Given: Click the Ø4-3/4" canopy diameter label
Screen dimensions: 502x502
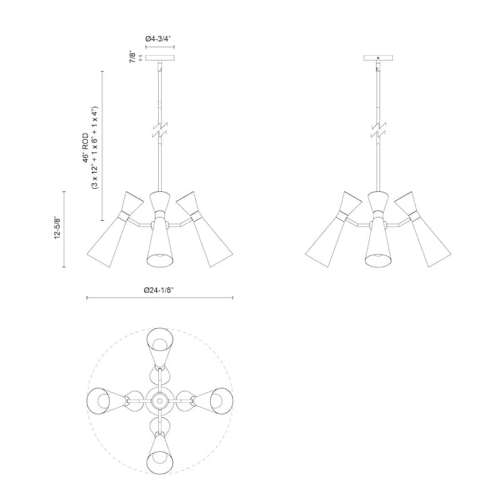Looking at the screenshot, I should [x=159, y=39].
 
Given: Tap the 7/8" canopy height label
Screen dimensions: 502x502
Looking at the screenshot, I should [x=132, y=57].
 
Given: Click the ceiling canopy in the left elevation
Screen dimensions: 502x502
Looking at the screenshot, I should [x=160, y=58].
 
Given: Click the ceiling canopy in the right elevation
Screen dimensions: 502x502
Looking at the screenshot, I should [x=378, y=58].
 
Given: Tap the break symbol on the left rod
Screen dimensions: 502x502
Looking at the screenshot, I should [x=160, y=129].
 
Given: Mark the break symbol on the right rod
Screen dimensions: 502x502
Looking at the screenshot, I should [x=378, y=129].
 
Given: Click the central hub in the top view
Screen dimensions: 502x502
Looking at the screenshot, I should [x=159, y=399].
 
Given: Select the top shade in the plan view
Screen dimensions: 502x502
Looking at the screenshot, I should [x=159, y=348].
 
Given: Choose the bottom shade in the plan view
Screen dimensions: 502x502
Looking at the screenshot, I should [x=159, y=452].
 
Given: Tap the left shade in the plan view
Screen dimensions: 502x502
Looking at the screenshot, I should [x=107, y=400].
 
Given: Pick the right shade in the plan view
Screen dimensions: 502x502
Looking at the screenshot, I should [x=212, y=400].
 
